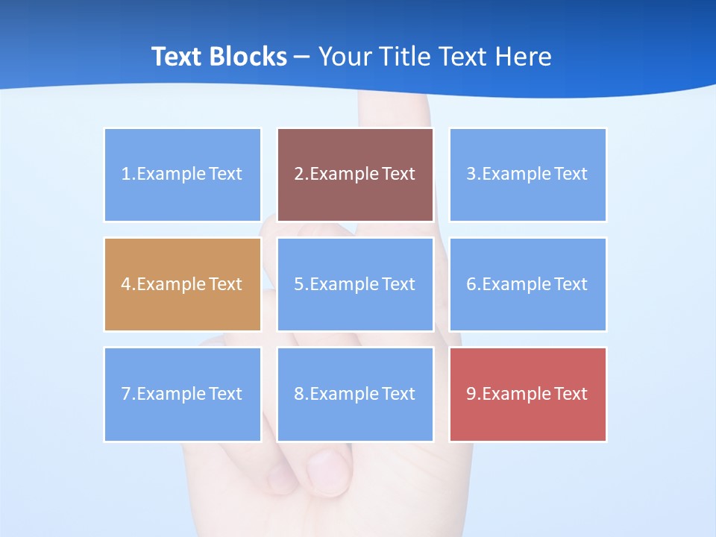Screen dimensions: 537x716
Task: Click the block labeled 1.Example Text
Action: [183, 175]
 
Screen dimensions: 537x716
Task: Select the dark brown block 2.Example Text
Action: [355, 175]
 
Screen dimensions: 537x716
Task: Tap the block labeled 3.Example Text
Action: [527, 175]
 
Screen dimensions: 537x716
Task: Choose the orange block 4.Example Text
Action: [183, 284]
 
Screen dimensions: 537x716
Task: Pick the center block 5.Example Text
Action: [355, 284]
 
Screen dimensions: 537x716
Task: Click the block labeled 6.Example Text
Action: [527, 284]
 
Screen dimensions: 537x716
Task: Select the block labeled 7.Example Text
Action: [183, 394]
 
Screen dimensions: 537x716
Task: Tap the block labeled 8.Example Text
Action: [355, 394]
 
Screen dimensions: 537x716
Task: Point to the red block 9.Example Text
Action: [527, 394]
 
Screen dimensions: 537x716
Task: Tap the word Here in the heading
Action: [525, 57]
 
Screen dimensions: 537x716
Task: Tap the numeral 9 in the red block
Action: [471, 395]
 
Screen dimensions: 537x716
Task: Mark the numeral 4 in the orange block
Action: [126, 285]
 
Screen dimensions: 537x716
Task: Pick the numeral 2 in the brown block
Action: [299, 175]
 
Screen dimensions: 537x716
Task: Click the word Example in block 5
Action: [345, 285]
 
